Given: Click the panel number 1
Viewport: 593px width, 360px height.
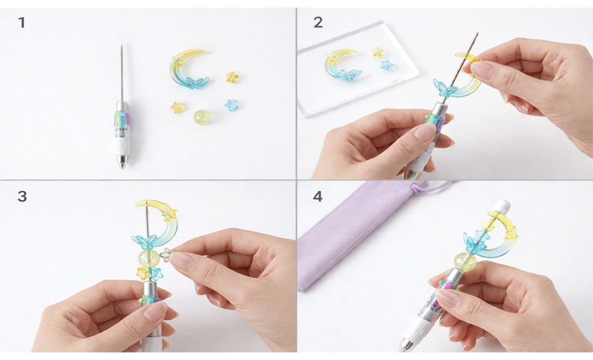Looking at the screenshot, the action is point(21,23).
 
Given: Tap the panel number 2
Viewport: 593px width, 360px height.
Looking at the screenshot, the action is point(318,23).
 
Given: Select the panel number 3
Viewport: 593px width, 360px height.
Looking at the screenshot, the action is point(22,197).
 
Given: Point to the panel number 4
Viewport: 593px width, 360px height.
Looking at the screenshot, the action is point(318,197).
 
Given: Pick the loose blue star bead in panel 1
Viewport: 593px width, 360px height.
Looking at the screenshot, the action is point(231,105).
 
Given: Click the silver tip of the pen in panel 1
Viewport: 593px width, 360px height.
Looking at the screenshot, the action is point(123,162).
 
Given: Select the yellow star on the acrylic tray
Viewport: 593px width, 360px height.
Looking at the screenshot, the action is point(377,52).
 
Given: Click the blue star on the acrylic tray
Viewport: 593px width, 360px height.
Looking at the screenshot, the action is point(387,65).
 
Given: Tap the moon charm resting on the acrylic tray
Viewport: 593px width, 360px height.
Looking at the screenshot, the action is point(341,65).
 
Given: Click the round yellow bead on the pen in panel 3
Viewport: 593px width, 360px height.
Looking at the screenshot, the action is point(148,259).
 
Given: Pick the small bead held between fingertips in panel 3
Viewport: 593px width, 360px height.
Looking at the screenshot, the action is point(166,254).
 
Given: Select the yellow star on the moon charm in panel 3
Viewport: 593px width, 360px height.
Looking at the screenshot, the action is point(169,214).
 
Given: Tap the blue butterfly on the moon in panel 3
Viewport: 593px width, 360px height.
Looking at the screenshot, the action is point(144,241).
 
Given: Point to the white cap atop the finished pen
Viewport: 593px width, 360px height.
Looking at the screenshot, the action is point(502,207).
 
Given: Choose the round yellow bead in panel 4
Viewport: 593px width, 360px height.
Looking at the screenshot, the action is point(465,261).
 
